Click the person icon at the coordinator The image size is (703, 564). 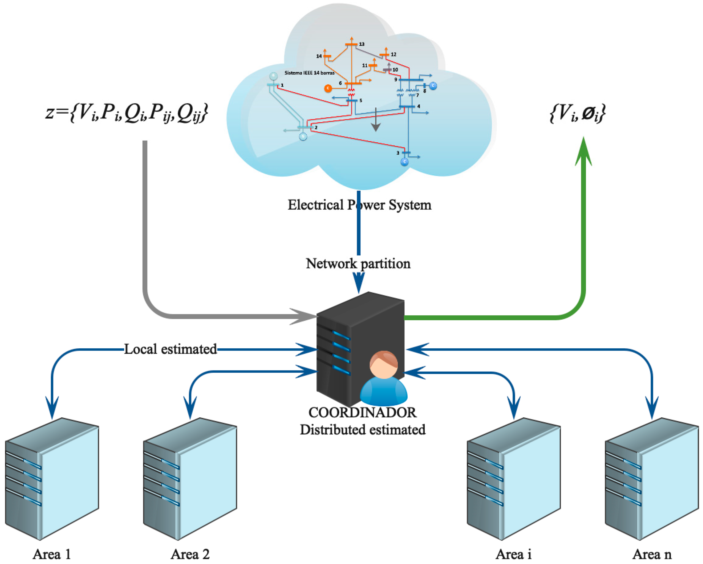coord(384,378)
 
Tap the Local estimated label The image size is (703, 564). coord(170,349)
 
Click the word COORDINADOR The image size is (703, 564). coord(362,413)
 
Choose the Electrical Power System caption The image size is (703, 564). coord(359,205)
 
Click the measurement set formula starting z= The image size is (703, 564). coord(126,113)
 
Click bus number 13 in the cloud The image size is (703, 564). coord(362,44)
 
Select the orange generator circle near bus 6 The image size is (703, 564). coord(328,88)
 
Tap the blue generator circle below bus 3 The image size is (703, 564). coord(404,162)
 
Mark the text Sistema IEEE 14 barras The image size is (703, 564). coord(309,73)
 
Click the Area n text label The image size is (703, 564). coord(652,554)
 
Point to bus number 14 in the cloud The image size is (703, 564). coord(319,56)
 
